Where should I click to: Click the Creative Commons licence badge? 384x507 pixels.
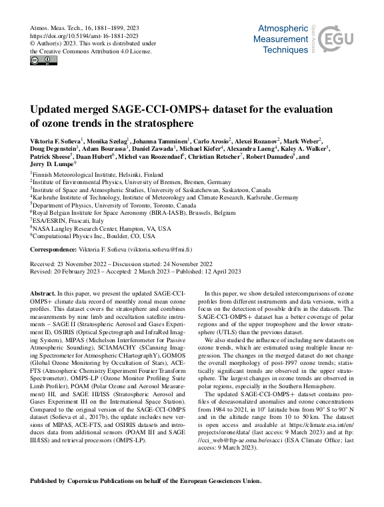44,61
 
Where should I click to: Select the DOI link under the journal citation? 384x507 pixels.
84,35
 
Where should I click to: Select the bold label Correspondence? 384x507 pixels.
56,249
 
